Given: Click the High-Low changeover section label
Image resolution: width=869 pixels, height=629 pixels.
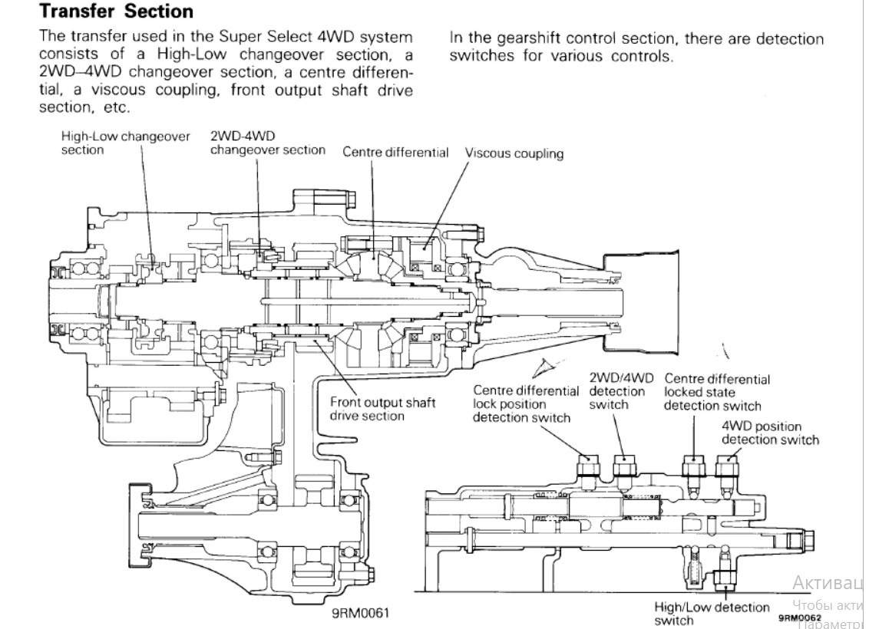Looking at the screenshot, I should (x=125, y=143).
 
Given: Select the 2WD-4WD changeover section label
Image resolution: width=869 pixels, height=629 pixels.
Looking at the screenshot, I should (x=267, y=143).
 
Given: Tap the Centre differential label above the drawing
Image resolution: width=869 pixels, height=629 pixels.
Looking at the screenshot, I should (x=395, y=152).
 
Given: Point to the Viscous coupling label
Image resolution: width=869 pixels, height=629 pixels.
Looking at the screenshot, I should (x=514, y=153).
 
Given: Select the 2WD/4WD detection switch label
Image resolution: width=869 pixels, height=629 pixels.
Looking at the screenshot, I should (x=621, y=391).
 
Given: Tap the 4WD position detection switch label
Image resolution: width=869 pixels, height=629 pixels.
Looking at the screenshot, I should (x=770, y=433).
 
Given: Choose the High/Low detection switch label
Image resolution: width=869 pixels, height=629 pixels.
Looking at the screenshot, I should (x=712, y=613).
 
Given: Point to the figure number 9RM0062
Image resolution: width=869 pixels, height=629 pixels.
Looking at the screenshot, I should (x=800, y=617).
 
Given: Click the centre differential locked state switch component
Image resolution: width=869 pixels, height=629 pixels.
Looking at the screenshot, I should (x=694, y=468).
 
